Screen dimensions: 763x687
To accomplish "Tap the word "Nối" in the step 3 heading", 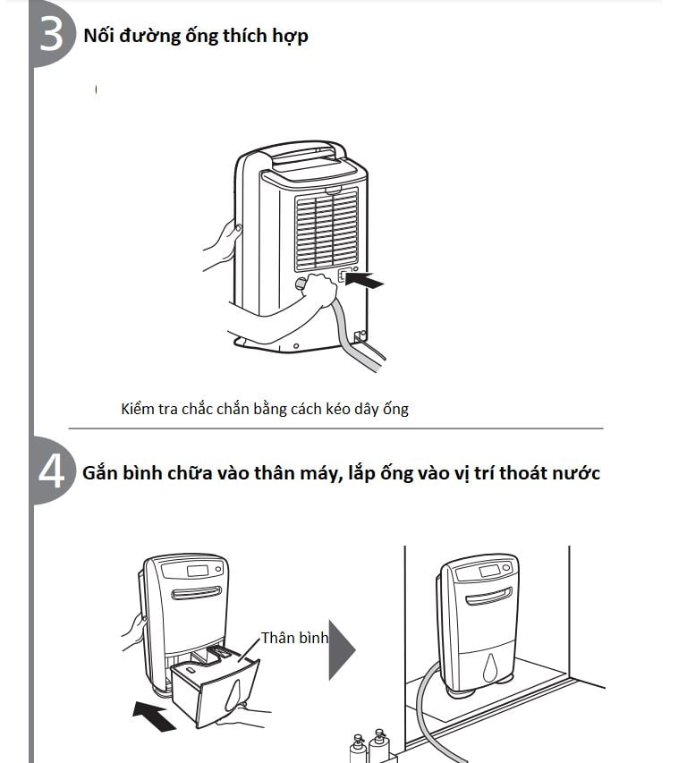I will [x=98, y=37].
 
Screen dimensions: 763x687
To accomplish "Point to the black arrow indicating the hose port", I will [x=365, y=282].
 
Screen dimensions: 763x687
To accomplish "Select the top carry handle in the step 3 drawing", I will [x=309, y=153].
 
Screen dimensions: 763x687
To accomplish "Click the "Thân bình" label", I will [x=294, y=639].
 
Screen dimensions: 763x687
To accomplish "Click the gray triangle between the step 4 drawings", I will [x=342, y=648].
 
